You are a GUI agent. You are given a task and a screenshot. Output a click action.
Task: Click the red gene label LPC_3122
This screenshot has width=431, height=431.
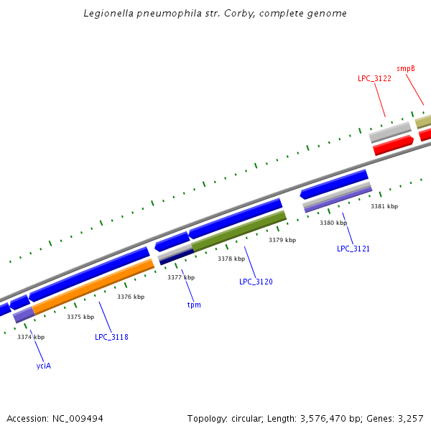click(x=374, y=78)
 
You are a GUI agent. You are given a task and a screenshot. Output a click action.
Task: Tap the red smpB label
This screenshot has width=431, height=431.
click(x=406, y=68)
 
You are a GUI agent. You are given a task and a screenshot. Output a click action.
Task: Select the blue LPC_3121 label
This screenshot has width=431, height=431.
click(x=353, y=249)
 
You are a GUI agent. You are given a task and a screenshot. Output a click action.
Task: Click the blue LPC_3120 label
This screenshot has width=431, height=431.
click(x=256, y=282)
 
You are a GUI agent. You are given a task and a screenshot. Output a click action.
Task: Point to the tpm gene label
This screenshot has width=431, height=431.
click(x=194, y=305)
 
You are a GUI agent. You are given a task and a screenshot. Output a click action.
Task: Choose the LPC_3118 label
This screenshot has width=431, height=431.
click(x=111, y=336)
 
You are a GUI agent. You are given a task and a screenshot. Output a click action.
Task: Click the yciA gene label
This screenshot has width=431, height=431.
click(x=44, y=366)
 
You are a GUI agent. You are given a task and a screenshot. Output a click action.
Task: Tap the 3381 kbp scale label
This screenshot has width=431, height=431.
click(x=384, y=206)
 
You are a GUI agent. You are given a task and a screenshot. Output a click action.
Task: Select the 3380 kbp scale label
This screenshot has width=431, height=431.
click(x=333, y=223)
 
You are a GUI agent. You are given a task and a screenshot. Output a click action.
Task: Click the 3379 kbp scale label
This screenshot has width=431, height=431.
click(x=282, y=240)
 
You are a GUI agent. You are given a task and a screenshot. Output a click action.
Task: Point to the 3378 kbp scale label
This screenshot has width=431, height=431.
click(x=231, y=259)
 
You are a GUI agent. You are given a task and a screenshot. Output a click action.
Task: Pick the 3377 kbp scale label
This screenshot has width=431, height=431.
click(x=181, y=277)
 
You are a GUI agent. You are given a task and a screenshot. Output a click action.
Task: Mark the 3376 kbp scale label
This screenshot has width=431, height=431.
click(x=131, y=297)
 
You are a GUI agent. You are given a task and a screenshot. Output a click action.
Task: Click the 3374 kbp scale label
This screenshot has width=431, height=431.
click(x=31, y=337)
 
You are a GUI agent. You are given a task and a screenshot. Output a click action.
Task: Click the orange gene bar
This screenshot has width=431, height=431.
click(x=93, y=286)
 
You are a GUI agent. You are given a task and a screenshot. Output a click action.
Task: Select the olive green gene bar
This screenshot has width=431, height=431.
click(x=238, y=231)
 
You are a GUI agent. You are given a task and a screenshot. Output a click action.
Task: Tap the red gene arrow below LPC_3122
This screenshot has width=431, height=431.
click(x=393, y=144)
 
